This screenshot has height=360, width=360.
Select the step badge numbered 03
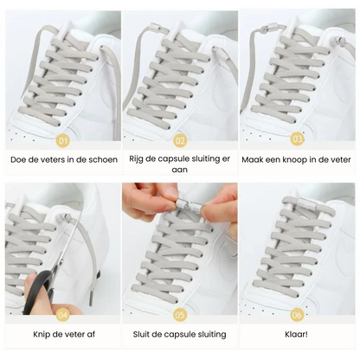tap(298, 138)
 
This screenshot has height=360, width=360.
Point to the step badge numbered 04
tap(61, 314)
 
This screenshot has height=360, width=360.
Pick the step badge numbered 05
tap(180, 314)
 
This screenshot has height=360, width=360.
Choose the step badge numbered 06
tap(298, 314)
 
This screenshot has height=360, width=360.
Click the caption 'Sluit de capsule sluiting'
tap(179, 334)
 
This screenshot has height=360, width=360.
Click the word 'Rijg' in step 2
tap(138, 159)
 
